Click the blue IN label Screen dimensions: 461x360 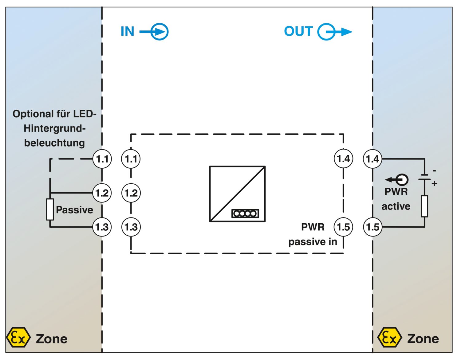(127, 31)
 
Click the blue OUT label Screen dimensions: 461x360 (298, 31)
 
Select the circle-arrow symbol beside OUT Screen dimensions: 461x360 (335, 32)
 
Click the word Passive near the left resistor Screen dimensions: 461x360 (74, 210)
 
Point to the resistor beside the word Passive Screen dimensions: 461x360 (50, 209)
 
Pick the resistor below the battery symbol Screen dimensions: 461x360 (424, 206)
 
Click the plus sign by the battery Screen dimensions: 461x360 (434, 183)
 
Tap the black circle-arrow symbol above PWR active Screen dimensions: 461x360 (397, 180)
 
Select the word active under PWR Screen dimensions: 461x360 (396, 206)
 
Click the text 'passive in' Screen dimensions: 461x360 (313, 242)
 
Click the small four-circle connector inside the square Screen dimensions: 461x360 (245, 213)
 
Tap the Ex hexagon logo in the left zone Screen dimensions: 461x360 (18, 337)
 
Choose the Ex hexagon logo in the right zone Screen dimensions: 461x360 (390, 337)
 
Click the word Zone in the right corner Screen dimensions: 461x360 (423, 338)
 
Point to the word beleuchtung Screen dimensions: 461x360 (54, 143)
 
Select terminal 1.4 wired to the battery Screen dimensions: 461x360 (372, 158)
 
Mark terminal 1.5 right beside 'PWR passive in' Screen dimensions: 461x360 (344, 227)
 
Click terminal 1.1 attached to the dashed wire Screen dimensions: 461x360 (102, 159)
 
